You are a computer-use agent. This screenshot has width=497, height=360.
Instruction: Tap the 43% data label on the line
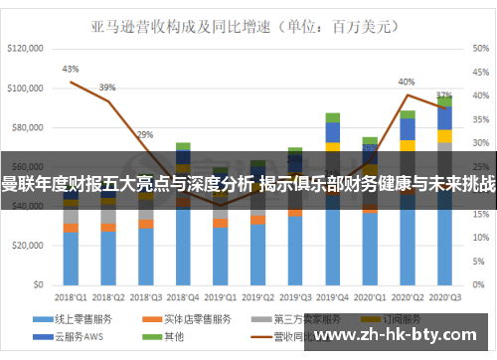coord(70,70)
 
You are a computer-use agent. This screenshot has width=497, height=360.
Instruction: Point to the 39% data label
coord(107,88)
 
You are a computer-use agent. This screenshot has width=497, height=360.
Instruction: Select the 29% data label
coord(145,134)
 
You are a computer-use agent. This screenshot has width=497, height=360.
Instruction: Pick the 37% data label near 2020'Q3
coord(444,96)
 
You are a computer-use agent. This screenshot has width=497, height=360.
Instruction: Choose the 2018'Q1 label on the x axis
coord(71,296)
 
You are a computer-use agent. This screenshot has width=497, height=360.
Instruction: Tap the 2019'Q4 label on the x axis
coord(333,296)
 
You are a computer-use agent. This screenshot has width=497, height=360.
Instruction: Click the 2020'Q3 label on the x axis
coord(445,296)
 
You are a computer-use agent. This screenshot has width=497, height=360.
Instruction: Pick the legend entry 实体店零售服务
coord(183,319)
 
